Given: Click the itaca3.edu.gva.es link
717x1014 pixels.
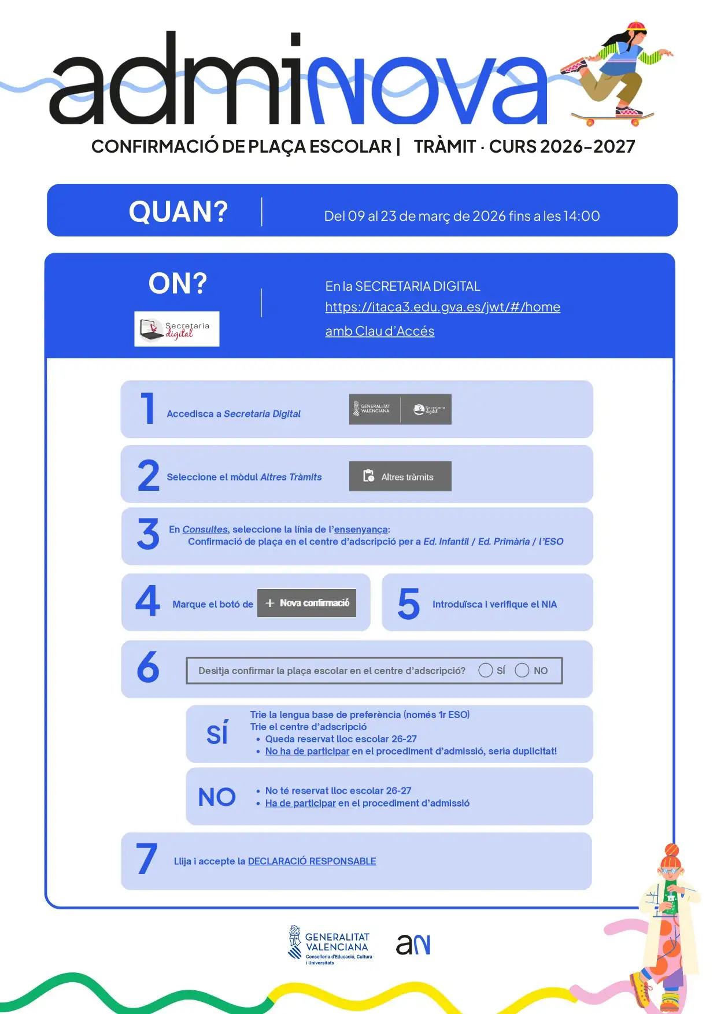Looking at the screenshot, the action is click(442, 307).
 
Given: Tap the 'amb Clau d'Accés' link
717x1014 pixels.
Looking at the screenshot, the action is click(379, 331).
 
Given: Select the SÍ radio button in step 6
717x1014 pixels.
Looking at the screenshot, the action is click(486, 670).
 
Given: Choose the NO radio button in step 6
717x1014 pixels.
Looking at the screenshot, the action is click(522, 670).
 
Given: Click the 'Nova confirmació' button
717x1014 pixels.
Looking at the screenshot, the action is click(306, 603).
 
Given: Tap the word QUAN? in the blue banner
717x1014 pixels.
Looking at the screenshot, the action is click(178, 212).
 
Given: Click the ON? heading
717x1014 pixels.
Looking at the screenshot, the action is click(178, 283).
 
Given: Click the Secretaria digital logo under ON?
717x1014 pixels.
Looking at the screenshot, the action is click(177, 329).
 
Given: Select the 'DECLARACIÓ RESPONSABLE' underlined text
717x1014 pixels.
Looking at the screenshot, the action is click(312, 861).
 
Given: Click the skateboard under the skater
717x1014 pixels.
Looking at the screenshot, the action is click(611, 118).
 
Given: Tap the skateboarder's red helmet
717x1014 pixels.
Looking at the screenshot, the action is click(636, 27).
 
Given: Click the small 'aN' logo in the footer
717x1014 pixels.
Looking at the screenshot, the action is click(413, 945).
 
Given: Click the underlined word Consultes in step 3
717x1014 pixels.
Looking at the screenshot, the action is click(205, 530).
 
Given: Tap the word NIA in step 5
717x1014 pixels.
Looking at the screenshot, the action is click(549, 604).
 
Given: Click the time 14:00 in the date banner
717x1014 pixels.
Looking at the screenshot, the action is click(582, 216).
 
